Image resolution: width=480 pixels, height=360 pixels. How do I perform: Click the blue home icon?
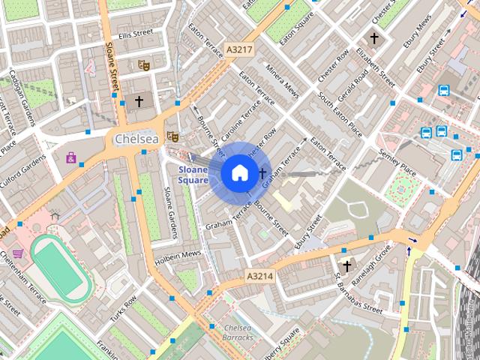pyautogui.click(x=238, y=173)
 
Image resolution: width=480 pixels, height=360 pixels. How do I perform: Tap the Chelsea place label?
pyautogui.click(x=136, y=139)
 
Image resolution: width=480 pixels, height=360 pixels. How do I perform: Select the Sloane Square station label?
pyautogui.click(x=193, y=175)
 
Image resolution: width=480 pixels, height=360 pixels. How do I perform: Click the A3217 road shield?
pyautogui.click(x=240, y=50)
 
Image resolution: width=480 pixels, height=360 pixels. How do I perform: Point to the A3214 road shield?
pyautogui.click(x=260, y=277)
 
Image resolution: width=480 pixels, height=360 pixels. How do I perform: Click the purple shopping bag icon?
pyautogui.click(x=71, y=157)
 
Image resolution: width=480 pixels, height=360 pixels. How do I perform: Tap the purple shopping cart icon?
pyautogui.click(x=16, y=253)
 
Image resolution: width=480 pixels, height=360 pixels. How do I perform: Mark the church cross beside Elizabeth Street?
pyautogui.click(x=374, y=37)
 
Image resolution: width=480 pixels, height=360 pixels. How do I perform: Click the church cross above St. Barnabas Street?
pyautogui.click(x=346, y=265)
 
